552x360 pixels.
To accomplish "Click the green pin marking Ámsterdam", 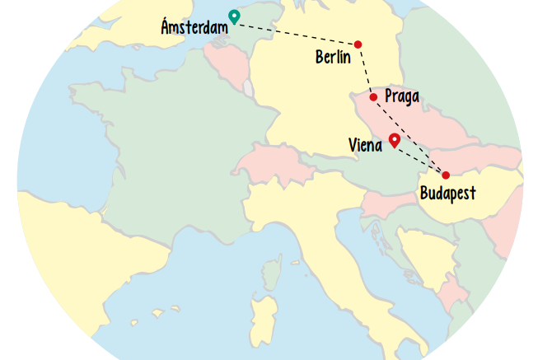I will pos(234,16).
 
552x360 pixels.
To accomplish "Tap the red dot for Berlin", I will pos(358,44).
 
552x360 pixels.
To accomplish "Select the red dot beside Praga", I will pos(373,97).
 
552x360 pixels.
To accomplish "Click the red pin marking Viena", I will pos(395,140).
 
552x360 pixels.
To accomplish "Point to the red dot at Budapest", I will pos(446,175).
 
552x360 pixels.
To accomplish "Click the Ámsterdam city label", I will pos(194,28).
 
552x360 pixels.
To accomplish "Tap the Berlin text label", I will pos(333,57).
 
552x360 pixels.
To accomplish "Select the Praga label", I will pos(402,96).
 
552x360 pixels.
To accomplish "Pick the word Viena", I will pos(365,146).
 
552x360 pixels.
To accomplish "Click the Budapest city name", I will pos(448,194).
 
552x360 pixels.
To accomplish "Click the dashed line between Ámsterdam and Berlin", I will pos(297,33).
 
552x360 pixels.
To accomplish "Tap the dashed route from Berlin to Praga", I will pos(365,70).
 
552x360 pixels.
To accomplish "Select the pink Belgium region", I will pos(222,62).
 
